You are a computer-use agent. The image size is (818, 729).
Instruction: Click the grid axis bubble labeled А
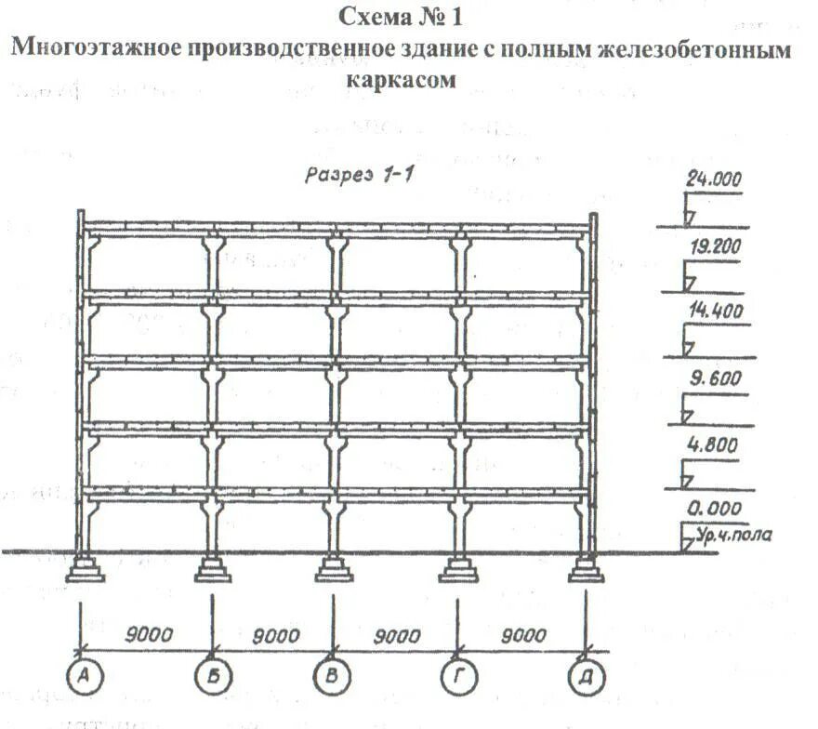[x=83, y=677]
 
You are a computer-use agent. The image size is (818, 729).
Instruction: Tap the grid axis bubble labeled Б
[x=213, y=677]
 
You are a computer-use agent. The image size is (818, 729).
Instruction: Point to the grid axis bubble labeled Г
[x=459, y=677]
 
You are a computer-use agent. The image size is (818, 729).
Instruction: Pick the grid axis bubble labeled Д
[x=586, y=677]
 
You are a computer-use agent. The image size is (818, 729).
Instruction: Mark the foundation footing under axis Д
[x=586, y=568]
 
